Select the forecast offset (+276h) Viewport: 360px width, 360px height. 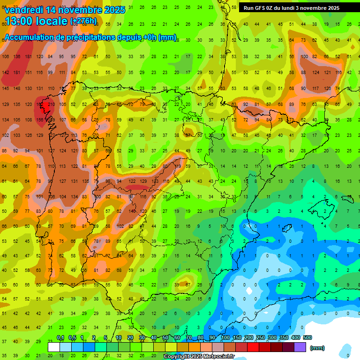tap(83, 21)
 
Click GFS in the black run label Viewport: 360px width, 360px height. tap(261, 8)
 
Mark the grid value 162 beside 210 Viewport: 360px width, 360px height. tap(39, 104)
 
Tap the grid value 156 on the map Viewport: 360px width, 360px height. tap(40, 120)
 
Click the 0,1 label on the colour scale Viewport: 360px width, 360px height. tap(60, 338)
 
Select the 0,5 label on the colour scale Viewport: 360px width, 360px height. tap(72, 338)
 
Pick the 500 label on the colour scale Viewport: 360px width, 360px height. tap(307, 338)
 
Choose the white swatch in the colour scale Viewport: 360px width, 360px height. tap(54, 347)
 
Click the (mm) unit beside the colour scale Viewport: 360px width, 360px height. tap(317, 348)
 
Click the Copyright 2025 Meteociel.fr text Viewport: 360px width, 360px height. tap(199, 357)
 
